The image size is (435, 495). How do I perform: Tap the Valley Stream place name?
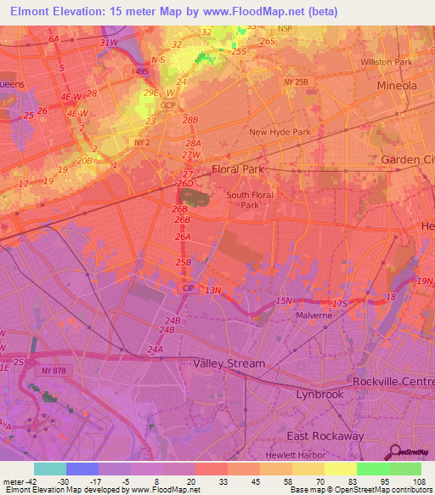229,363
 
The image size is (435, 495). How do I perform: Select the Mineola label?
398,86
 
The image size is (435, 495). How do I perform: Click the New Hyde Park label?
280,132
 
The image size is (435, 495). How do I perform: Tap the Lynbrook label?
319,395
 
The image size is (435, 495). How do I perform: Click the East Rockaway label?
325,436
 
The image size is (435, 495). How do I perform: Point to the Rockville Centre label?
393,380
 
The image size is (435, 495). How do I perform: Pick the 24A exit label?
155,350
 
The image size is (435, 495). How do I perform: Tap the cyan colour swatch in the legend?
49,469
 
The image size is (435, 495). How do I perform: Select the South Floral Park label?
248,200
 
